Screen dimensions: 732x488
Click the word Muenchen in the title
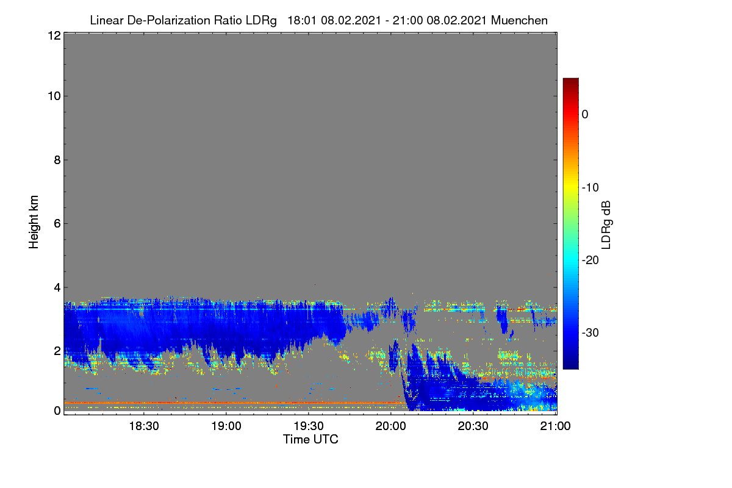pos(519,21)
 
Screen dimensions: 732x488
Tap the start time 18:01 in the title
pos(302,21)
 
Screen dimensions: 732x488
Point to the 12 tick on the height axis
pos(54,35)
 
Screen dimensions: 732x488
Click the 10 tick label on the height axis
pos(54,96)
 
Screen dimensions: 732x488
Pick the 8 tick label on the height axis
pos(57,160)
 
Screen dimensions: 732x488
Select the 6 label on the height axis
pos(57,224)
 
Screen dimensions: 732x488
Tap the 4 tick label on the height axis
pos(57,288)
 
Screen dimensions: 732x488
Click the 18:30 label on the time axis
pos(144,426)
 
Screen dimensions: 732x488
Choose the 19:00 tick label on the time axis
pos(226,426)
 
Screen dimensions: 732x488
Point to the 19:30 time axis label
pos(309,426)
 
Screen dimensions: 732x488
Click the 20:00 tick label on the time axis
pos(391,426)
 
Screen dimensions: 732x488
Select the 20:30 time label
pos(473,426)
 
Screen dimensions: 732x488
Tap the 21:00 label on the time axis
pos(555,426)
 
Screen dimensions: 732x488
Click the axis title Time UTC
pos(310,439)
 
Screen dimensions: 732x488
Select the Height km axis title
pos(34,222)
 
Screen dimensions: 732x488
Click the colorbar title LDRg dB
pos(606,225)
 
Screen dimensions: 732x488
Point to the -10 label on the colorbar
pos(590,188)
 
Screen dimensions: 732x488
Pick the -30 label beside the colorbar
pos(590,332)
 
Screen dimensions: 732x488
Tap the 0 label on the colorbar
pos(585,115)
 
